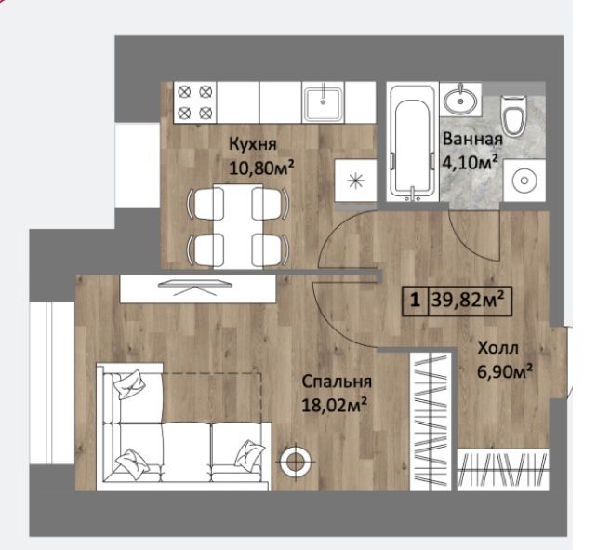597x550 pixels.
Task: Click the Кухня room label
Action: point(252,145)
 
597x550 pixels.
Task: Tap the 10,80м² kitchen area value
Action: point(261,168)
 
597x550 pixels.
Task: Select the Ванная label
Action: point(472,139)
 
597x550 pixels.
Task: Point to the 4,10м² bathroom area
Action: point(470,163)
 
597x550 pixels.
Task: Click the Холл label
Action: point(497,348)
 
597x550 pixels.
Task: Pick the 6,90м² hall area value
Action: point(505,371)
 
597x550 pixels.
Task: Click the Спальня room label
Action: point(337,382)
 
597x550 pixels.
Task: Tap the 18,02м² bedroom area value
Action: point(334,405)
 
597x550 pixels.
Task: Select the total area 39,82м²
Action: point(469,301)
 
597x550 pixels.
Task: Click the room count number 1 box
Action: point(416,301)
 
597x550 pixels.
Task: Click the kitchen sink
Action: point(323,102)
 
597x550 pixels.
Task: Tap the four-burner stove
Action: point(195,102)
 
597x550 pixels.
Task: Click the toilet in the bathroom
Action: point(513,115)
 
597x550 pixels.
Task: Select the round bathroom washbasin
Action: point(460,101)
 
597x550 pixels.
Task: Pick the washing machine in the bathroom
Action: point(524,181)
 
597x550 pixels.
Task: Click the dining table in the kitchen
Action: point(238,226)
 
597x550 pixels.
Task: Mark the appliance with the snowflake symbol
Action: point(356,181)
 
